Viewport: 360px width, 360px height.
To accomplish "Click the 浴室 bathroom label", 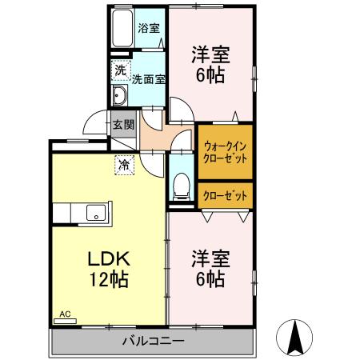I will click(x=148, y=28).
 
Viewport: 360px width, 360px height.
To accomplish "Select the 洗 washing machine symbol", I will click(x=119, y=70).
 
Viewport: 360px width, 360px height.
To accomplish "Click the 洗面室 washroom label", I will click(x=148, y=79).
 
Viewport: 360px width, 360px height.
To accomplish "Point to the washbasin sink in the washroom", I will click(x=120, y=98).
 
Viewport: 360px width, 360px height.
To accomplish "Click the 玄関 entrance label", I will click(x=122, y=124).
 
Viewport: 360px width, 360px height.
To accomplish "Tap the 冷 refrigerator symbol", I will click(x=125, y=165).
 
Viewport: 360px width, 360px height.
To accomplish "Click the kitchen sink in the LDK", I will click(x=94, y=214).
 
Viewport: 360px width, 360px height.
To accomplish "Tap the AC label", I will click(x=66, y=314).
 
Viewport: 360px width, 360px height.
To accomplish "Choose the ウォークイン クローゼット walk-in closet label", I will click(x=225, y=152).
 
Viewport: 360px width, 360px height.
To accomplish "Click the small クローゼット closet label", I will click(x=225, y=195).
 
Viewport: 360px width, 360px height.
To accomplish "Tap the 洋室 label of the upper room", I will click(x=210, y=55).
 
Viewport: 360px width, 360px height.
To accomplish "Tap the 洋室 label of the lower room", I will click(x=210, y=259).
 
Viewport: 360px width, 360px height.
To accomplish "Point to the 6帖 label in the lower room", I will click(x=210, y=279).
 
